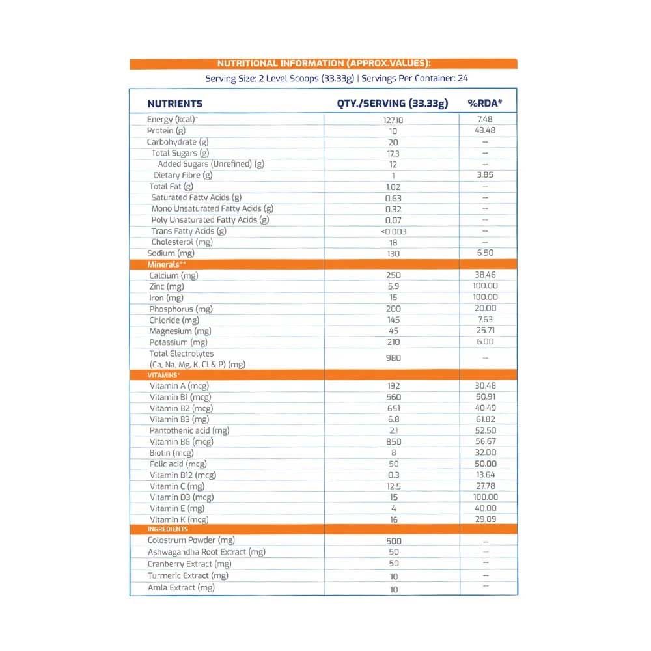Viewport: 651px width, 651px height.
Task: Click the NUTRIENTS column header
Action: pyautogui.click(x=174, y=104)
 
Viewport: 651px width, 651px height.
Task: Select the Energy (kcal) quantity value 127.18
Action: pyautogui.click(x=393, y=120)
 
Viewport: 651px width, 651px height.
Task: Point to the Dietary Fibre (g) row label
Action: pyautogui.click(x=183, y=175)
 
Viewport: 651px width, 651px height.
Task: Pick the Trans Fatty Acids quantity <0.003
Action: pyautogui.click(x=393, y=232)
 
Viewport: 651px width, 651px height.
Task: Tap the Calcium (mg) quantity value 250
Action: pyautogui.click(x=393, y=276)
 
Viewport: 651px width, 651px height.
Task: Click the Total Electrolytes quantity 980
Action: pyautogui.click(x=393, y=359)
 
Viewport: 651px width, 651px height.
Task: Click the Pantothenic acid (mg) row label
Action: pyautogui.click(x=189, y=430)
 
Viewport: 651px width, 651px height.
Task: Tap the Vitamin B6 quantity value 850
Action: pyautogui.click(x=393, y=442)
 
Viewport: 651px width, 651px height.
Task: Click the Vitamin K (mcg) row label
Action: pyautogui.click(x=179, y=519)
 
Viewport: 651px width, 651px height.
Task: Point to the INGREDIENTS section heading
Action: pyautogui.click(x=168, y=529)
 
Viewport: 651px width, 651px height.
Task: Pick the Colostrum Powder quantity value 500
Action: pyautogui.click(x=393, y=542)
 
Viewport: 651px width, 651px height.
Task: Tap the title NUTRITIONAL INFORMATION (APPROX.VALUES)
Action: pyautogui.click(x=324, y=63)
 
